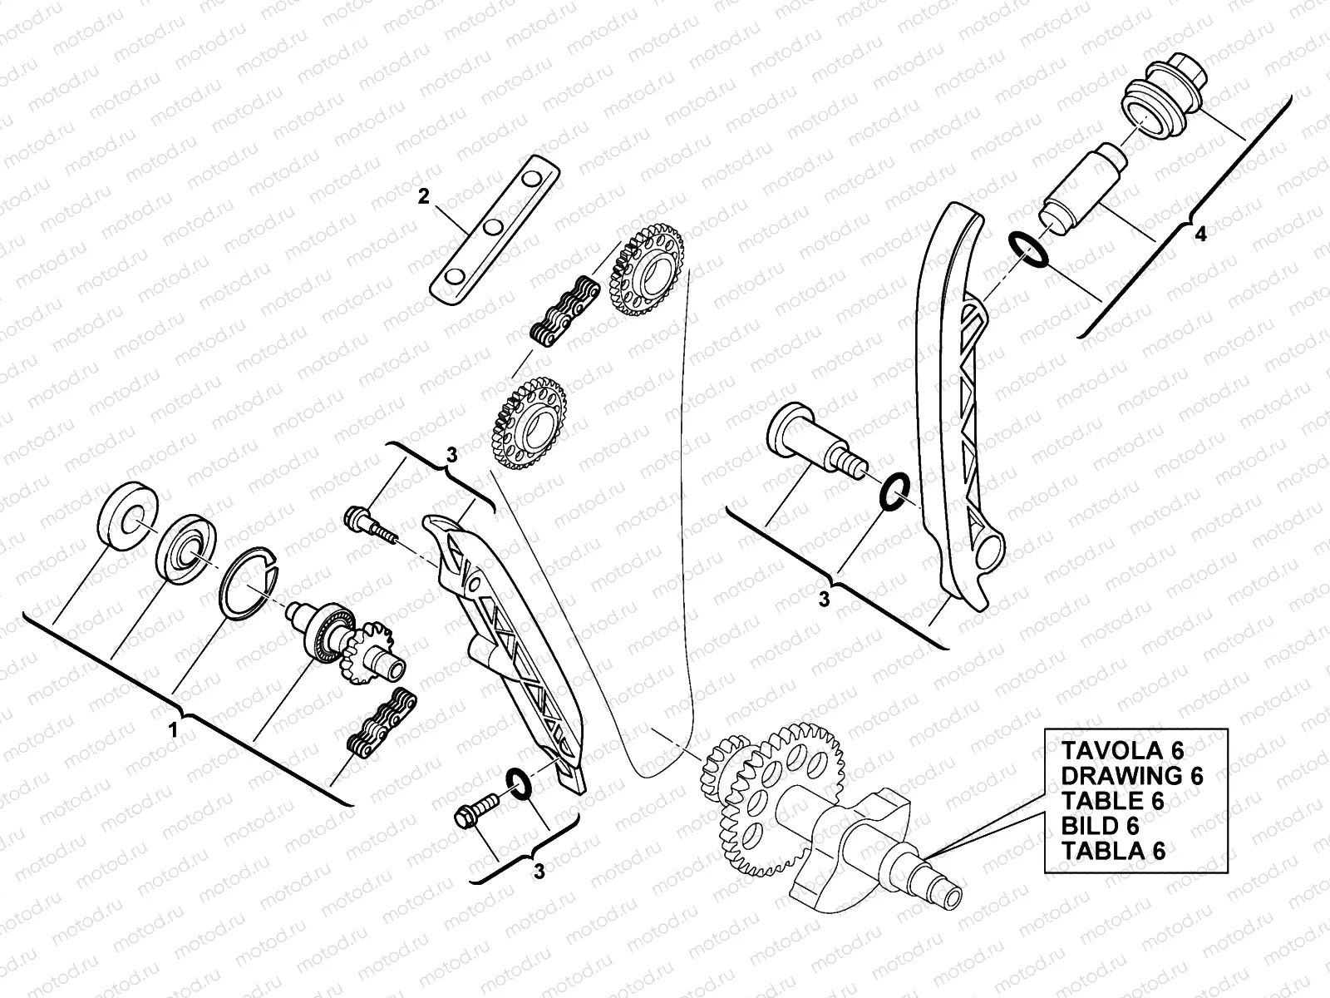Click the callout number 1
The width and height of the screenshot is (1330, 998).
point(173,731)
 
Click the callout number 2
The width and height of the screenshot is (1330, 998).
point(424,197)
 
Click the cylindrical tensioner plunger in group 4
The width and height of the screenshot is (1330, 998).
point(1081,187)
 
